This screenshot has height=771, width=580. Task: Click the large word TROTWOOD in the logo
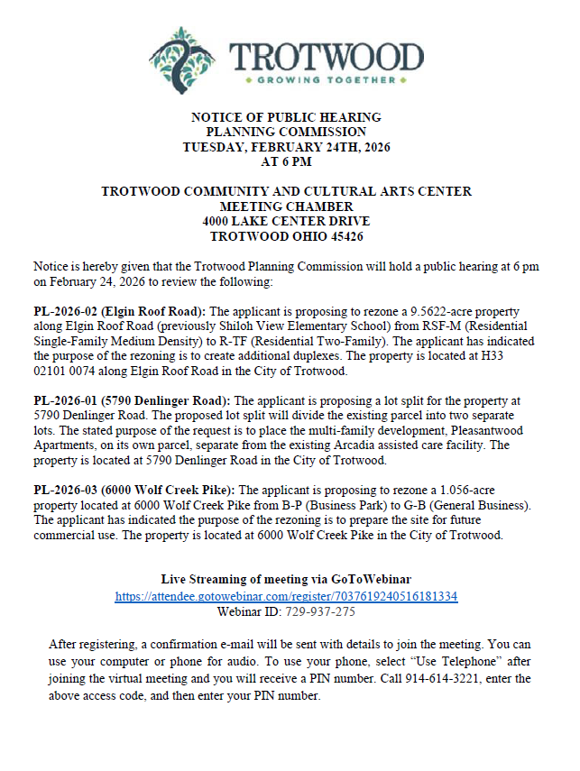coord(327,56)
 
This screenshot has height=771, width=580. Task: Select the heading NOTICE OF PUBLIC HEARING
coord(286,118)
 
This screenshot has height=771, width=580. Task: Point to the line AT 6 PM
coord(286,163)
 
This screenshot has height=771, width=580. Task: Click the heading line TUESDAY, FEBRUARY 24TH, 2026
coord(286,148)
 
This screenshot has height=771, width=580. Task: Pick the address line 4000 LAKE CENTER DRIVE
coord(286,222)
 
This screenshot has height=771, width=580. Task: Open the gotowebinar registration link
coord(286,596)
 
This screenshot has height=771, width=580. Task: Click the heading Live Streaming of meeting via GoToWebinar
coord(286,579)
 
